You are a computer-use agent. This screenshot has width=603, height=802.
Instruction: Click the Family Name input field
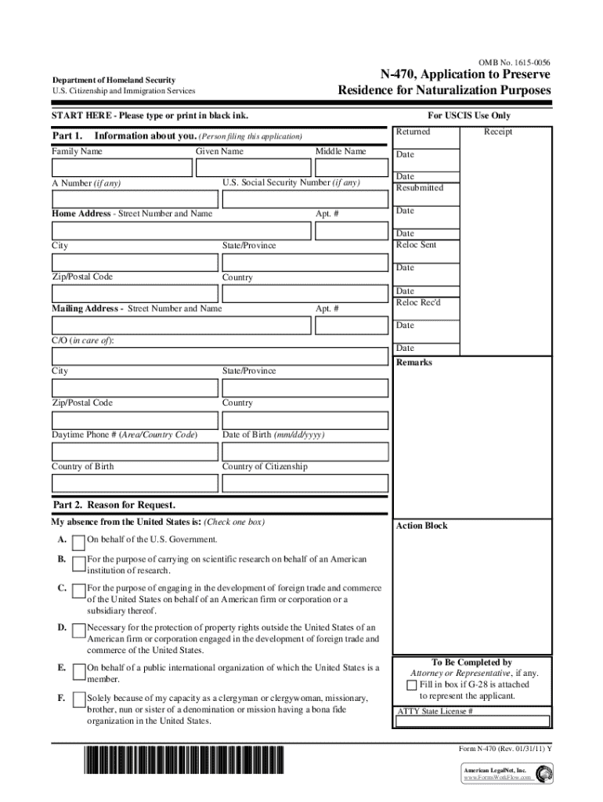pyautogui.click(x=121, y=168)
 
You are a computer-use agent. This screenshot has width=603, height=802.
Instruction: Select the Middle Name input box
pyautogui.click(x=351, y=168)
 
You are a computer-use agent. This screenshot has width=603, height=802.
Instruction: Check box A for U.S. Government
pyautogui.click(x=79, y=542)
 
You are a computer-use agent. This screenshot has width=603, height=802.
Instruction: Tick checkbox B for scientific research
pyautogui.click(x=79, y=563)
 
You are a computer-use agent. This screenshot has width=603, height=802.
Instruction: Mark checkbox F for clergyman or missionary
pyautogui.click(x=79, y=699)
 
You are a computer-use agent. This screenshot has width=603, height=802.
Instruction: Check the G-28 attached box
pyautogui.click(x=412, y=685)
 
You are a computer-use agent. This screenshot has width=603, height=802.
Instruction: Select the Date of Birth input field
pyautogui.click(x=305, y=451)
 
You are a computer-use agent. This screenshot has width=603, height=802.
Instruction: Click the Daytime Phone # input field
pyautogui.click(x=135, y=451)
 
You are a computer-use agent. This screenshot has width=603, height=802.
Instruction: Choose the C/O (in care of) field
pyautogui.click(x=219, y=356)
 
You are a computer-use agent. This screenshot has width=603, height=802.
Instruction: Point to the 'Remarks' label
pyautogui.click(x=414, y=363)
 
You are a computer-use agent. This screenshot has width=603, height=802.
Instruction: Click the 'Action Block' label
pyautogui.click(x=421, y=526)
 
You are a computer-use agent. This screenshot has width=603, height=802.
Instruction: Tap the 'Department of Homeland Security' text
pyautogui.click(x=114, y=80)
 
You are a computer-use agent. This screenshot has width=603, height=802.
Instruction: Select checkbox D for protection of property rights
pyautogui.click(x=79, y=630)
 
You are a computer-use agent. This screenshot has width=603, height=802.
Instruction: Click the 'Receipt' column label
pyautogui.click(x=498, y=132)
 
